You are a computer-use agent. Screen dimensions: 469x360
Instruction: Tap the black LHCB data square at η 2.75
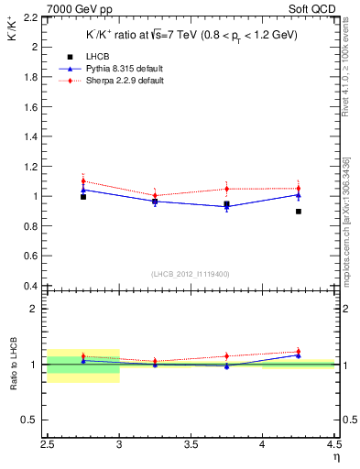(x=83, y=196)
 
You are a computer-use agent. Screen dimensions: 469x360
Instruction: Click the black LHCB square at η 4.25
(x=299, y=212)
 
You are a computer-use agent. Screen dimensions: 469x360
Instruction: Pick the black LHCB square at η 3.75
(x=226, y=203)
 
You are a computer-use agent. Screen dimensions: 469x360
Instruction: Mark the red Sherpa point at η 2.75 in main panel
(x=83, y=180)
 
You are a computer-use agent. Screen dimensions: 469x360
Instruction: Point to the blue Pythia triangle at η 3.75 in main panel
(x=226, y=206)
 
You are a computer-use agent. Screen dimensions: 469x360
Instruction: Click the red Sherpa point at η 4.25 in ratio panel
(x=299, y=352)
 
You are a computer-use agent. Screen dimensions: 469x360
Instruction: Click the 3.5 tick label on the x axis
(x=191, y=444)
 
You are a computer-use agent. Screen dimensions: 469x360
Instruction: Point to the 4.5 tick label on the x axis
(x=333, y=444)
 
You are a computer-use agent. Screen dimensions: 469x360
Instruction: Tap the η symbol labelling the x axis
(x=336, y=455)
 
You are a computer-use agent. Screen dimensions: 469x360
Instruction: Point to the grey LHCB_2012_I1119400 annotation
(x=191, y=274)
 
